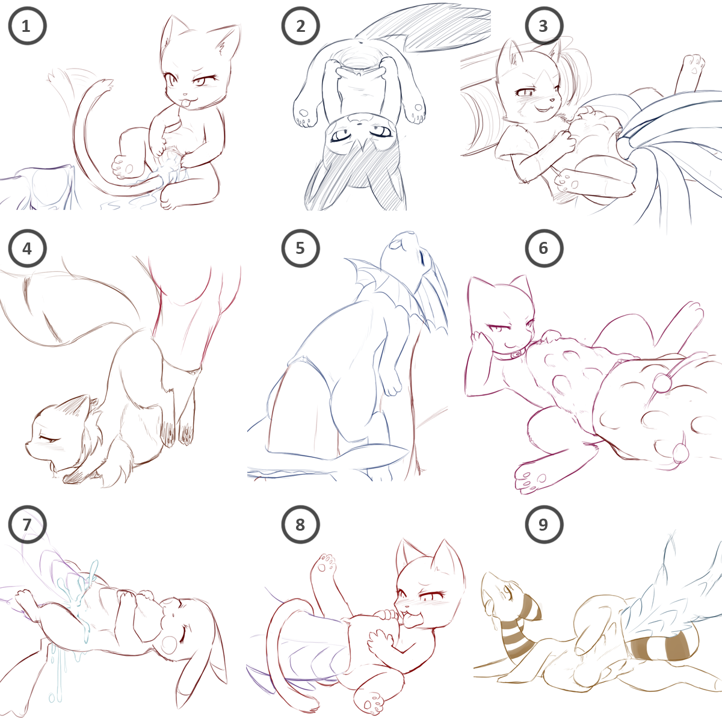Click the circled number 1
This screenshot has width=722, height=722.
[x=27, y=26]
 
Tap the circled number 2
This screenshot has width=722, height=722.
[x=300, y=26]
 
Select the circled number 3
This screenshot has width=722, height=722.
[x=544, y=26]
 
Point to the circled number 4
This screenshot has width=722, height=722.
[x=27, y=248]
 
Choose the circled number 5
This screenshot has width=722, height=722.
[x=300, y=248]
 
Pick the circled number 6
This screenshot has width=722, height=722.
[x=544, y=248]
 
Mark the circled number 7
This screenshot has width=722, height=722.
[x=27, y=525]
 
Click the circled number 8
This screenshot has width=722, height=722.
[x=300, y=525]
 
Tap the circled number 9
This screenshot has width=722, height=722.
[x=544, y=525]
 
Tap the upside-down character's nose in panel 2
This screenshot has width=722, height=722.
[x=358, y=122]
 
